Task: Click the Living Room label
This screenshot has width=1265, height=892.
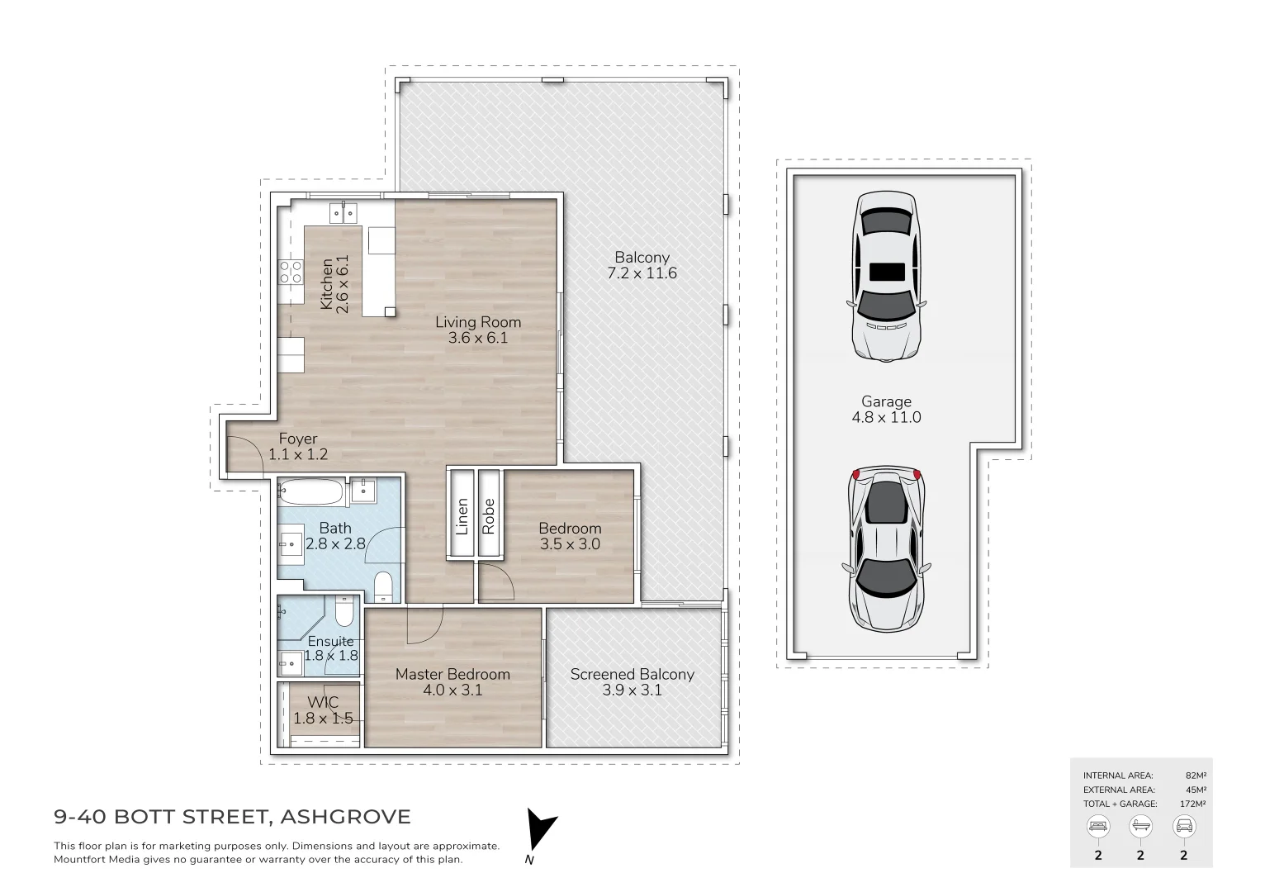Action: point(478,322)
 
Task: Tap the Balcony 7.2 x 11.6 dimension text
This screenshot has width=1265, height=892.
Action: point(642,273)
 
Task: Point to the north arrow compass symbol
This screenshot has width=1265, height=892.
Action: point(540,830)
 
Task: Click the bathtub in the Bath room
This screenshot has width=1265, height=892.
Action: point(310,493)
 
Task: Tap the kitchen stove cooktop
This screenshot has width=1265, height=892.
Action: point(291,272)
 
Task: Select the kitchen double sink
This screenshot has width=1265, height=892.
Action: point(344,213)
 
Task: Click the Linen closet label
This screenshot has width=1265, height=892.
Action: point(462,516)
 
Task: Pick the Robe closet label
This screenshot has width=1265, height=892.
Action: point(489,516)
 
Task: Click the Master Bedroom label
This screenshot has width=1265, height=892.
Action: point(452,674)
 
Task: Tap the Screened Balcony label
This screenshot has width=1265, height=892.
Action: point(632,674)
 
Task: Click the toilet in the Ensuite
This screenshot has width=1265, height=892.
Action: point(345,613)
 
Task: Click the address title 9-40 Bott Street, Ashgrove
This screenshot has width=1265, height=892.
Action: point(232,818)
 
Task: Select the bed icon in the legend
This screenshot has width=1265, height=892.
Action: point(1098,826)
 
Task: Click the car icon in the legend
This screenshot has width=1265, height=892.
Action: point(1183,826)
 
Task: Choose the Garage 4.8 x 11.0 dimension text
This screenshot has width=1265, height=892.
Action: point(886,417)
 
